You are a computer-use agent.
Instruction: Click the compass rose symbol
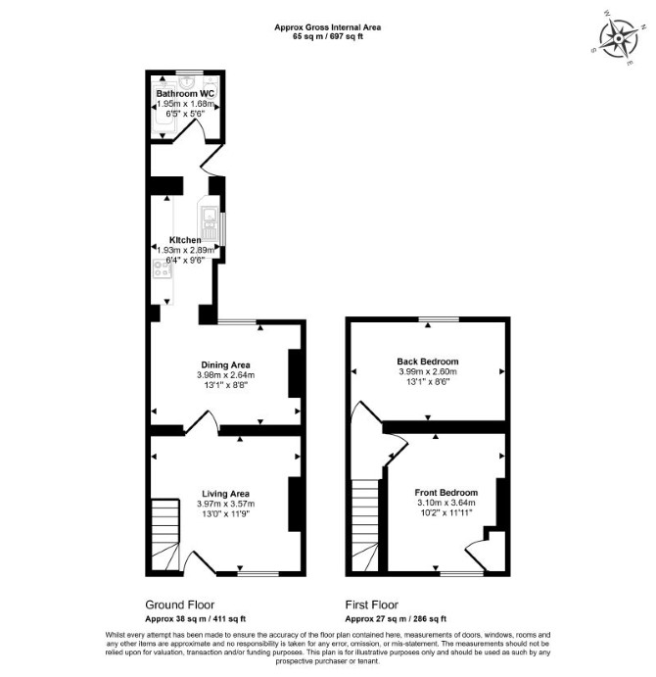[x=619, y=38]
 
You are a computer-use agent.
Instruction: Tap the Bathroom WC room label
[x=185, y=94]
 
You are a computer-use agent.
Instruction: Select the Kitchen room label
[x=185, y=240]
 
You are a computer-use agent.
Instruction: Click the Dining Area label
[x=226, y=364]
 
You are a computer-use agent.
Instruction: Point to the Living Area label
[x=226, y=494]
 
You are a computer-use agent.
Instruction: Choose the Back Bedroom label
[x=428, y=362]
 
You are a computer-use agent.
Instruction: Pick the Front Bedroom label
[x=446, y=492]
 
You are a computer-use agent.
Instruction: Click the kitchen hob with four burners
[x=162, y=268]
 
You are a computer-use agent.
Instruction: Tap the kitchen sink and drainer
[x=210, y=219]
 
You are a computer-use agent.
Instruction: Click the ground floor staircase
[x=164, y=535]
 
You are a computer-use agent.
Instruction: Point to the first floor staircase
[x=365, y=525]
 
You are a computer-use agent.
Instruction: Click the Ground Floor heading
[x=179, y=604]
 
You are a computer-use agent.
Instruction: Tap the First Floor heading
[x=372, y=604]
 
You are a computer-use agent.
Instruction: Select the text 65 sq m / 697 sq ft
[x=328, y=36]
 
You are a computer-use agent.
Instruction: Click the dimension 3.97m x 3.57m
[x=226, y=504]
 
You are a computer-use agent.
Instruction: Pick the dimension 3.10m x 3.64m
[x=446, y=503]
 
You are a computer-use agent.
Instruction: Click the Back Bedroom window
[x=439, y=319]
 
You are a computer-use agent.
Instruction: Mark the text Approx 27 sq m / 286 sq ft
[x=396, y=619]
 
